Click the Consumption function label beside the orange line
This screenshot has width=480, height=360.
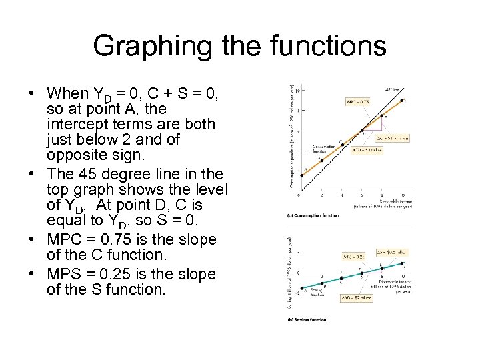click(325, 148)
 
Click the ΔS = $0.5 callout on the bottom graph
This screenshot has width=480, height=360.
click(393, 251)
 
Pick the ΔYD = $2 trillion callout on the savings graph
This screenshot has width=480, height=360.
click(357, 298)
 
